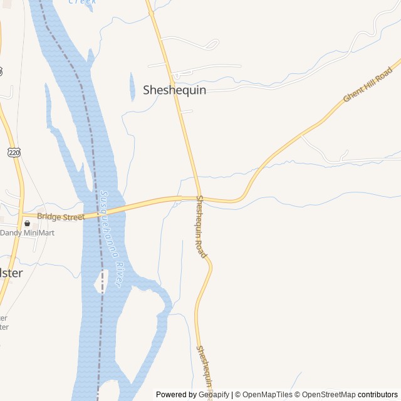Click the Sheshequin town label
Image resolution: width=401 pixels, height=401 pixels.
coord(174,90)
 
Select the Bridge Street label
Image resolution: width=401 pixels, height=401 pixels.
coord(60,217)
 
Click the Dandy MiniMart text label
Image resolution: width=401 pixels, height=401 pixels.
coord(28,233)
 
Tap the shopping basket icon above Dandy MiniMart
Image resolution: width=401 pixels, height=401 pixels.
coord(27,223)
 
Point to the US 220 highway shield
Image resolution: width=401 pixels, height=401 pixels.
coord(14,152)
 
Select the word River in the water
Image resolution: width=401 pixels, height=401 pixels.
coord(118,275)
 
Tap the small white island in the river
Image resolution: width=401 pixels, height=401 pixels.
coord(100,282)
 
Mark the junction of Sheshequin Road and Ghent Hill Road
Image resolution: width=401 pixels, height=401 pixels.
coord(199,199)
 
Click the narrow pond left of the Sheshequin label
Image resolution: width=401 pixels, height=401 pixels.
coord(132,87)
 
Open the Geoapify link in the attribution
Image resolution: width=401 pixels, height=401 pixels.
coord(214,395)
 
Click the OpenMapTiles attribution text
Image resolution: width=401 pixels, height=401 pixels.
coord(268,395)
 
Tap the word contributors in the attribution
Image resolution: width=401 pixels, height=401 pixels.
coord(378,395)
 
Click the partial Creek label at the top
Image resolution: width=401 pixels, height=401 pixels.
coord(82,2)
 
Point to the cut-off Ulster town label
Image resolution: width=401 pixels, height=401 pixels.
coord(11,273)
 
